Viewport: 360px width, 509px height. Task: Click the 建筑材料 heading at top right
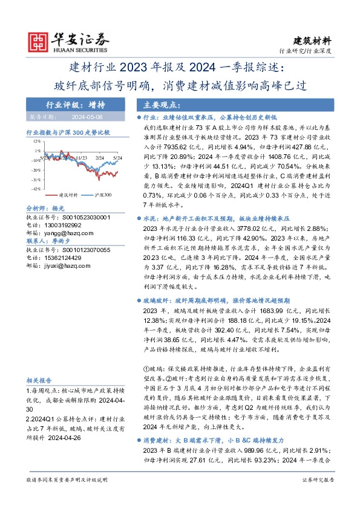pyautogui.click(x=313, y=41)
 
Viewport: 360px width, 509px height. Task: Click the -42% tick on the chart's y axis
pyautogui.click(x=36, y=189)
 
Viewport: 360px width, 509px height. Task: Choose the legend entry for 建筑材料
pyautogui.click(x=72, y=195)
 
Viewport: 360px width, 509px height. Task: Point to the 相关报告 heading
pyautogui.click(x=38, y=380)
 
